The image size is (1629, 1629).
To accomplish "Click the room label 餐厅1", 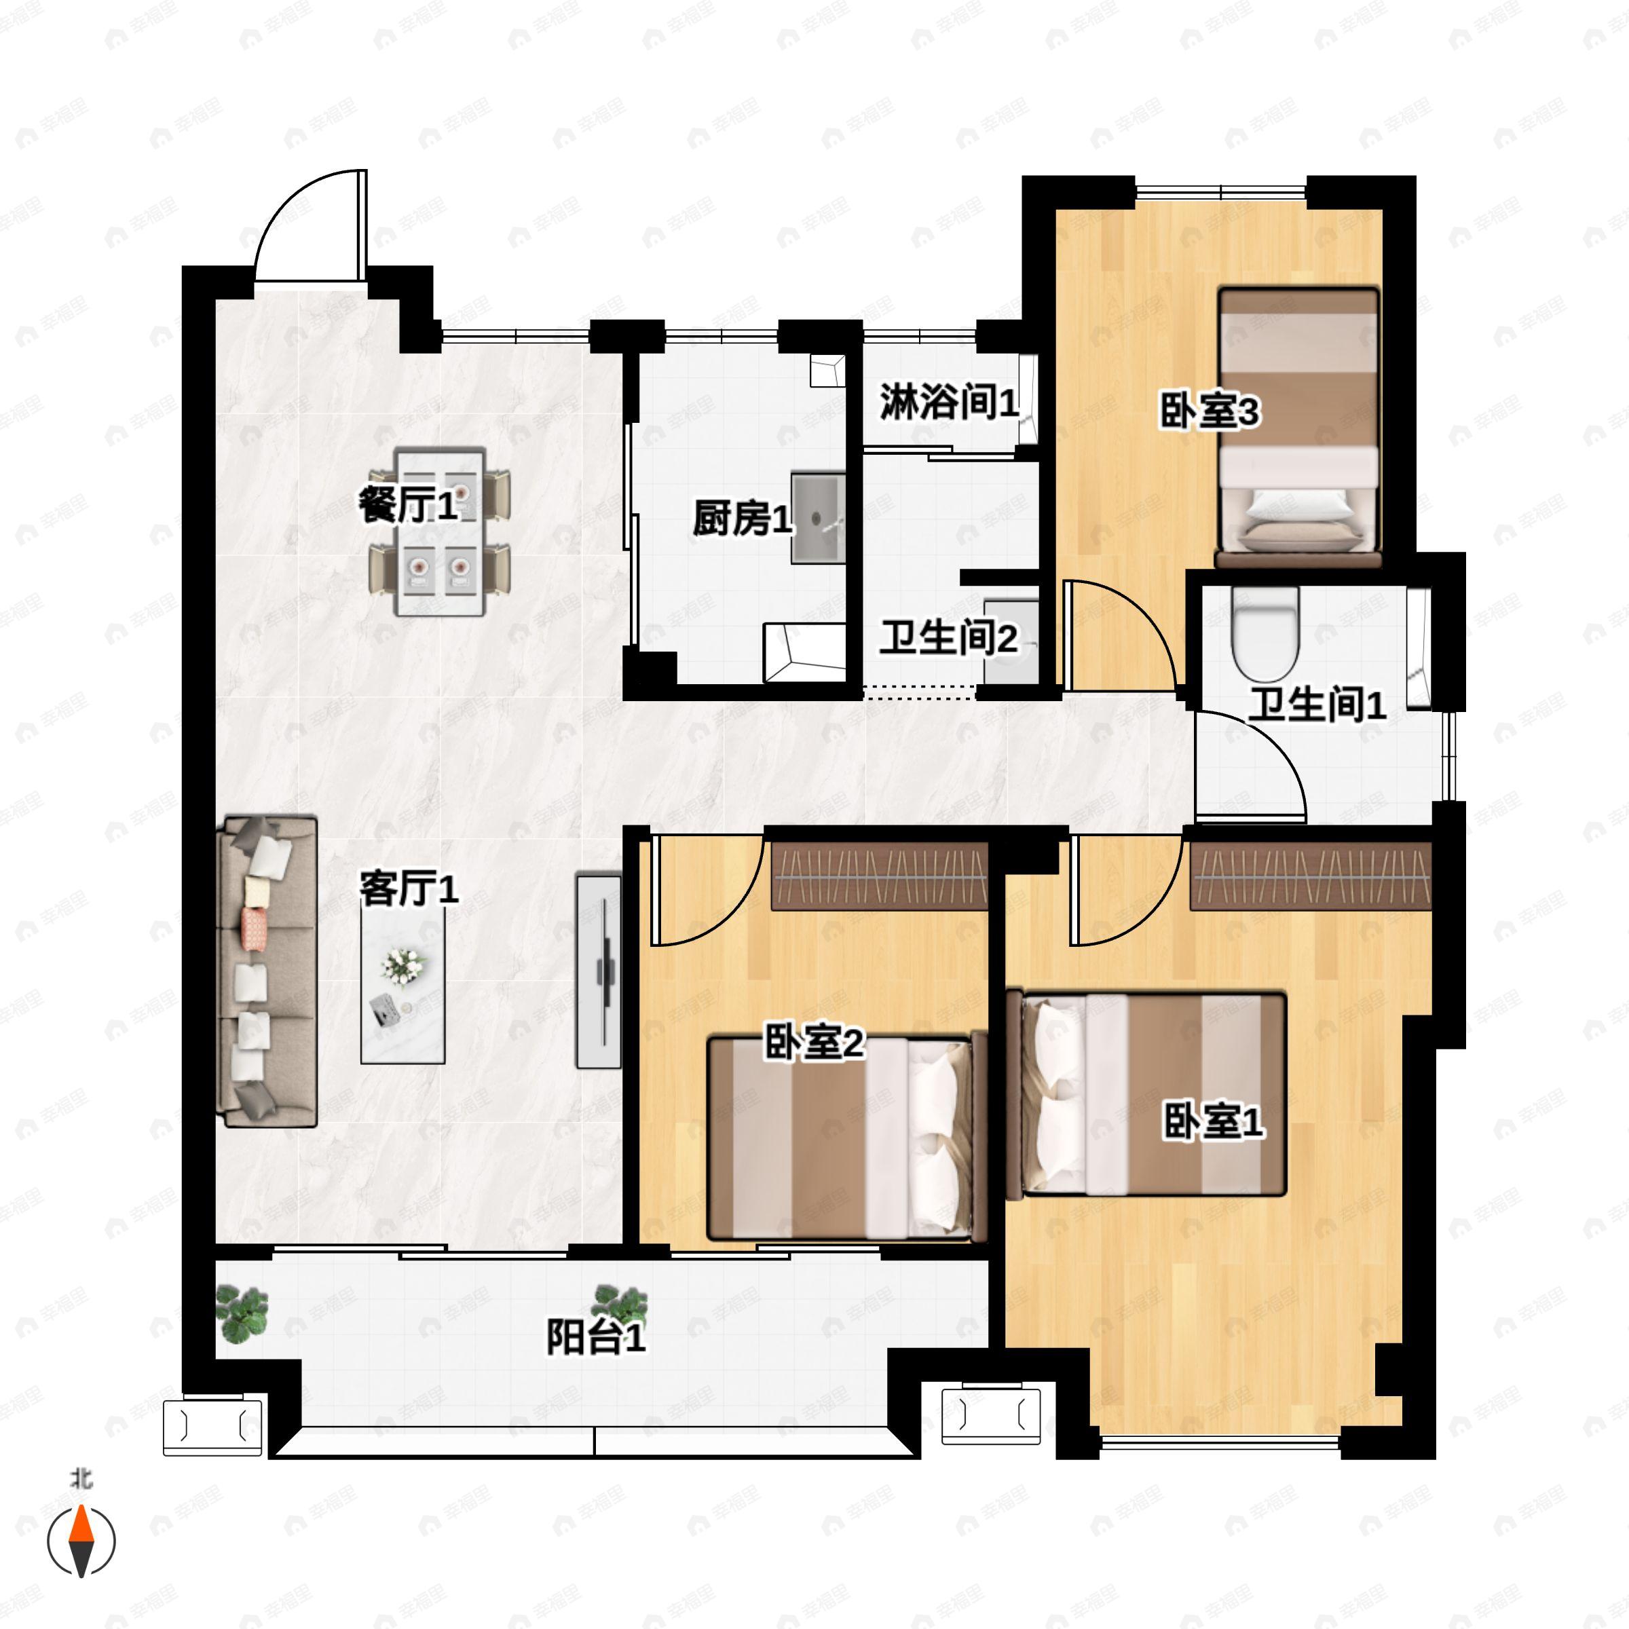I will pos(408,505).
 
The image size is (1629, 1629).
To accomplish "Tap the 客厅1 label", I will pos(409,888).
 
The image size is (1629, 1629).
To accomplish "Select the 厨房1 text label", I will pos(742,518).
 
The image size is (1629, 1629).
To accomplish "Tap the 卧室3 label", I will pos(1209,411).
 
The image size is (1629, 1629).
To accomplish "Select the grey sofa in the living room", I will pos(267,971).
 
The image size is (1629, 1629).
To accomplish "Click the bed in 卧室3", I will pos(1298,428).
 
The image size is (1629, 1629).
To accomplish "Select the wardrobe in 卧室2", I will pos(880,877).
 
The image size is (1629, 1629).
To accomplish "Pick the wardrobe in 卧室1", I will pos(1309,877).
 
